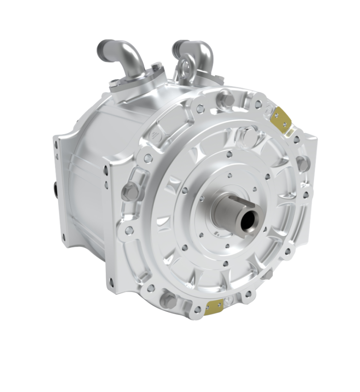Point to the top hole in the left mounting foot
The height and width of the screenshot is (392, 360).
(57, 145)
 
